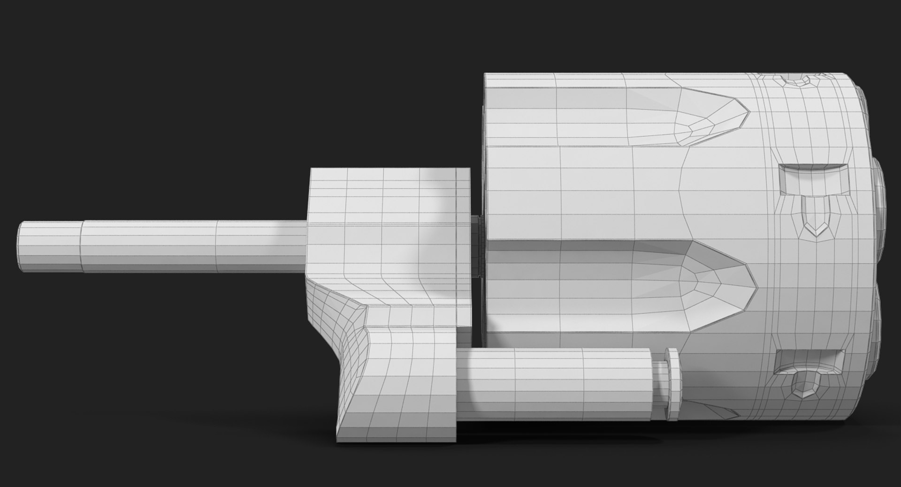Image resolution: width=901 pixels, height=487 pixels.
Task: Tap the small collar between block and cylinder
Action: [x=476, y=249]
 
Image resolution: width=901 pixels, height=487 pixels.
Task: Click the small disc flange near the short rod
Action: [x=672, y=385]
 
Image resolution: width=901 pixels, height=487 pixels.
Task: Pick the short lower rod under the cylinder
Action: [x=554, y=385]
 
